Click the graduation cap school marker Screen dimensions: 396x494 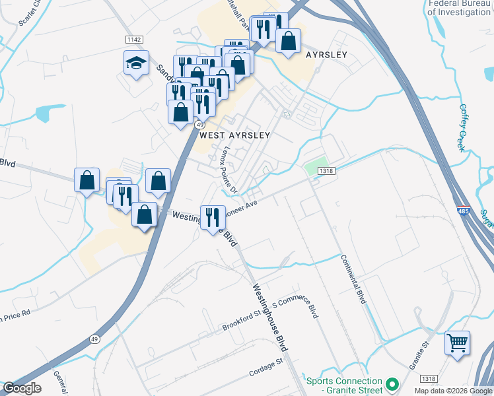pos(136,63)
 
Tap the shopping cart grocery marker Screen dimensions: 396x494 pos(457,343)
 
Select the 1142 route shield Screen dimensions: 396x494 pos(134,40)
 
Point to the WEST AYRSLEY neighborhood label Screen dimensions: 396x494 pos(235,135)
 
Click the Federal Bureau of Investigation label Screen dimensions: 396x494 pos(460,8)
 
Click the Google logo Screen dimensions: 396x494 pos(21,388)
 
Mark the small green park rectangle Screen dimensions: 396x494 pos(317,164)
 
